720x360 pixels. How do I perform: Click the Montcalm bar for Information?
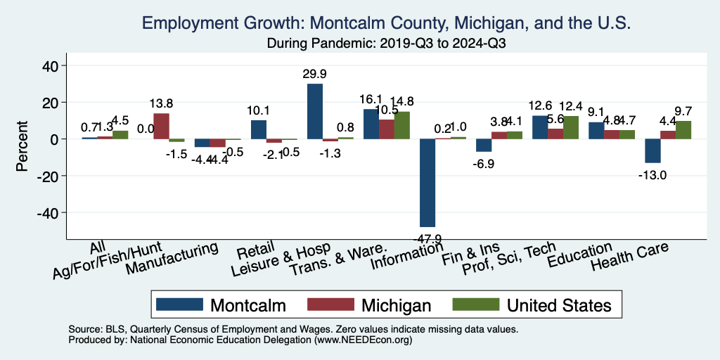click(x=427, y=182)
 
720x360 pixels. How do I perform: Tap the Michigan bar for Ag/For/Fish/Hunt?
click(x=161, y=126)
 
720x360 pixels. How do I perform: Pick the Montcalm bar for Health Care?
click(x=652, y=150)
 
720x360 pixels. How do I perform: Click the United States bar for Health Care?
click(x=683, y=129)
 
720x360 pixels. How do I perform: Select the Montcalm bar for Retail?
click(x=259, y=129)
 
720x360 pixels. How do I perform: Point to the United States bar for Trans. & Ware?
click(x=401, y=125)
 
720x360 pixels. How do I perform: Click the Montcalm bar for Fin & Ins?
click(x=484, y=145)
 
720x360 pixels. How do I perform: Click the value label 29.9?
click(x=314, y=73)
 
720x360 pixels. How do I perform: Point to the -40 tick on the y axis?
click(x=51, y=212)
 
